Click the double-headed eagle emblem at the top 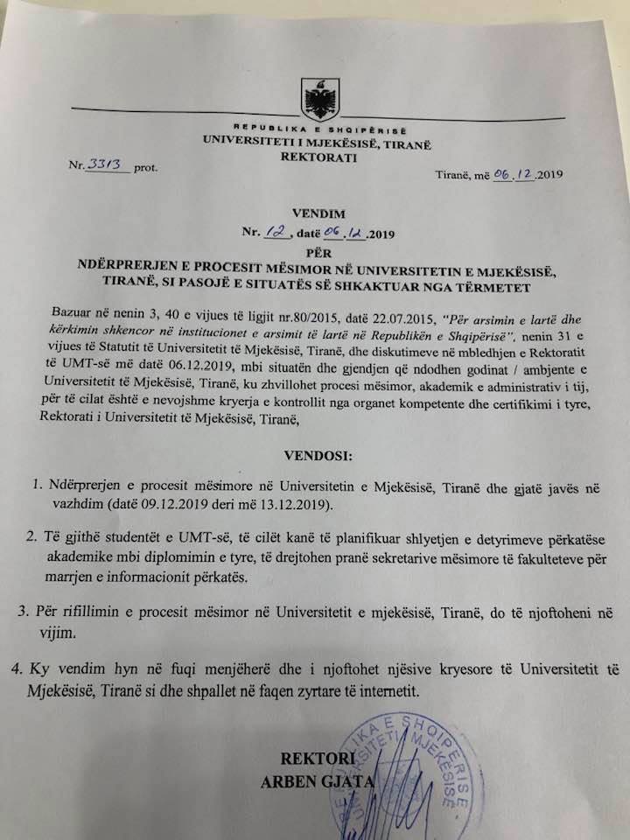click(x=319, y=100)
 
